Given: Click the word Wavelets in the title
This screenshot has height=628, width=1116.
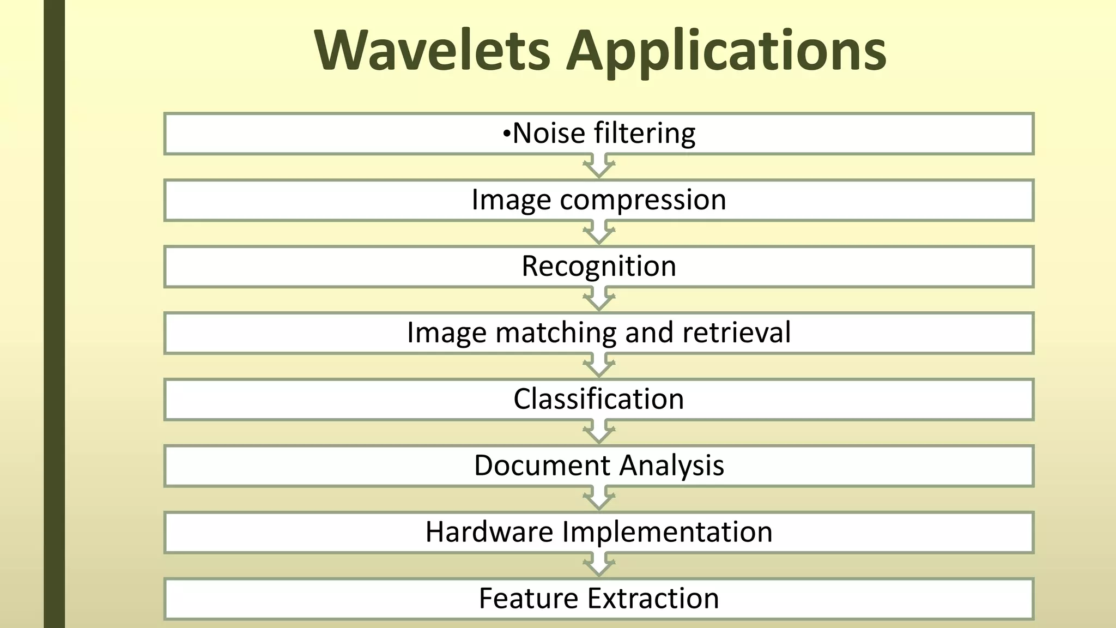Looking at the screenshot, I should (x=433, y=50).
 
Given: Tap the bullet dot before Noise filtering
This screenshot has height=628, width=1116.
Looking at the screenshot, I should (x=506, y=133).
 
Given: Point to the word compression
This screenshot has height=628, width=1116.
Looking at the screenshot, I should (x=643, y=200).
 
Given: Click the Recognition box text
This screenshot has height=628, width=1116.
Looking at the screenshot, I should (x=598, y=266).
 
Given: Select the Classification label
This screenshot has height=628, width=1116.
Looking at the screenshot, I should (x=598, y=399).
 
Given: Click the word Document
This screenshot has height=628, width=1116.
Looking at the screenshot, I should (x=542, y=466).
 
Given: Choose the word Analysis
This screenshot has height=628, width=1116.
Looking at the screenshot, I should (x=671, y=466).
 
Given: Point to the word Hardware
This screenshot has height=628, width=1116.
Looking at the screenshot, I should (x=489, y=532).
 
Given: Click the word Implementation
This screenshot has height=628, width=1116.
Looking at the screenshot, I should (x=667, y=533).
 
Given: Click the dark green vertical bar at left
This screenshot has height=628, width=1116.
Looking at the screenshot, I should (x=54, y=314).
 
